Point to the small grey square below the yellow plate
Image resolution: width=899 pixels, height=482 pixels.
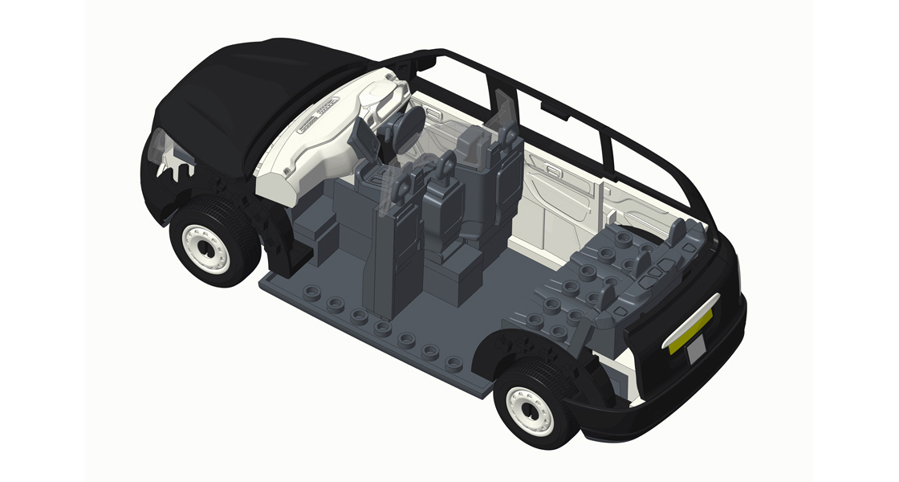[695, 345]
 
